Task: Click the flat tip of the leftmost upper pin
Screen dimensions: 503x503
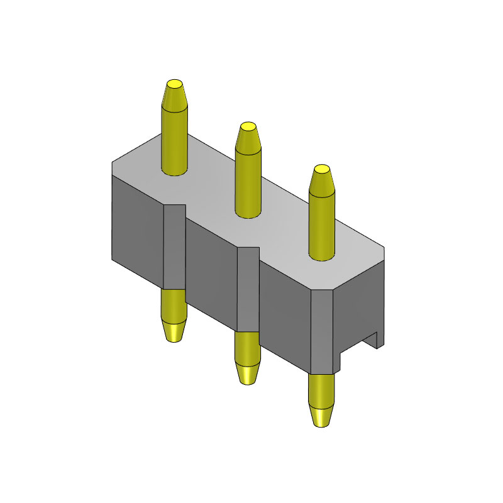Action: coord(174,84)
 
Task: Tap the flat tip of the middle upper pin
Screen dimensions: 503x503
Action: coord(248,126)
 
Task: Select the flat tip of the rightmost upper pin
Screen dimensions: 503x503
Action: coord(321,169)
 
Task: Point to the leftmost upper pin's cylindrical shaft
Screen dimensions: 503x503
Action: coord(174,141)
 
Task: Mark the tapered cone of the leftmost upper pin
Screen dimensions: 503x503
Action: coord(174,97)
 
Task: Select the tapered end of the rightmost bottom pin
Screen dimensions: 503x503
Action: coord(321,416)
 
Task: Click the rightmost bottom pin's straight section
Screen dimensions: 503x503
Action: coord(321,390)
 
